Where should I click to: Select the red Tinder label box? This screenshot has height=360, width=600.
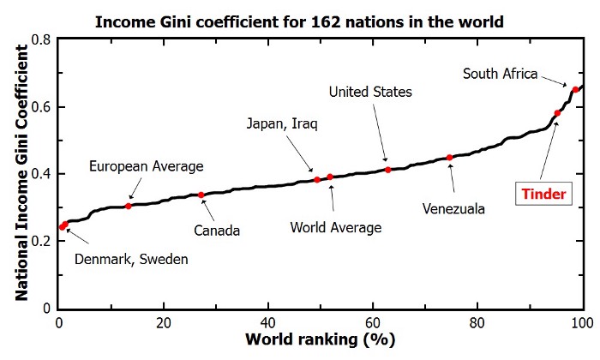click(546, 195)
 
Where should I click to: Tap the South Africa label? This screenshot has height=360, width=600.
click(500, 74)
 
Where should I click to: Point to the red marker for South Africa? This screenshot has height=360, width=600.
click(575, 89)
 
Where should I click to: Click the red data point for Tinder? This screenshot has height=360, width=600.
click(557, 113)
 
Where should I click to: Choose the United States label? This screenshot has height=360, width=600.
click(370, 92)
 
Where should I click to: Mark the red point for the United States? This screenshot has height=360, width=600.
click(388, 170)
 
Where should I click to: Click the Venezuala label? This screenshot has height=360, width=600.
click(454, 208)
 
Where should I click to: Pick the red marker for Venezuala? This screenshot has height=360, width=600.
click(450, 158)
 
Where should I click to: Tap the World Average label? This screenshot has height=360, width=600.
click(335, 227)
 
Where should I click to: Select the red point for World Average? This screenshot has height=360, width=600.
click(330, 177)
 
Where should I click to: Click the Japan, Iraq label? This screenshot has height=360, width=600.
click(282, 124)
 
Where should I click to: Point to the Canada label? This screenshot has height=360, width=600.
click(215, 230)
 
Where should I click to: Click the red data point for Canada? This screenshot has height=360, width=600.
click(201, 195)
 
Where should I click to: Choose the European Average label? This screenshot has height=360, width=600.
click(146, 165)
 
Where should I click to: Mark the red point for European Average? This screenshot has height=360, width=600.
click(129, 206)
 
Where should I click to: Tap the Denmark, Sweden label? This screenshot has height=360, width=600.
click(131, 259)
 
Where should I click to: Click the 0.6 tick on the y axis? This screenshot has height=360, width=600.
click(40, 107)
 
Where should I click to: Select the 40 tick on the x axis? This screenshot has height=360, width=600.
click(268, 324)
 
